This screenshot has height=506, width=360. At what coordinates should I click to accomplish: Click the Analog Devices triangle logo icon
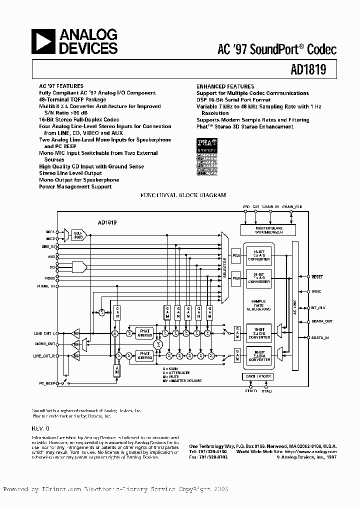tap(43, 41)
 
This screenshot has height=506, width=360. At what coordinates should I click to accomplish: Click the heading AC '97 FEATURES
tap(61, 86)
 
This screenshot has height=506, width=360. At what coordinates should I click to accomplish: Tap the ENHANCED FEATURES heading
tap(225, 86)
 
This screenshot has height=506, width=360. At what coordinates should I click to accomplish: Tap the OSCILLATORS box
tap(258, 376)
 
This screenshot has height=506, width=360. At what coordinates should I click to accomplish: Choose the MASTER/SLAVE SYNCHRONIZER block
tap(268, 229)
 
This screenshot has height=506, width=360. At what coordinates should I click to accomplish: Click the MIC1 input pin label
tap(50, 232)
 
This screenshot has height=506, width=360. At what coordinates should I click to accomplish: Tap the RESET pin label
tap(317, 276)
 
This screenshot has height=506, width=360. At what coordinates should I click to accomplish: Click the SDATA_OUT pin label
tap(321, 322)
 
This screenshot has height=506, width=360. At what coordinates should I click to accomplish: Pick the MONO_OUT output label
tap(45, 344)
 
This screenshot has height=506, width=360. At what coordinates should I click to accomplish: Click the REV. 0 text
tap(41, 428)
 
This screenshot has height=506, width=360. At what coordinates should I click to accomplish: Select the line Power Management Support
tap(75, 186)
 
